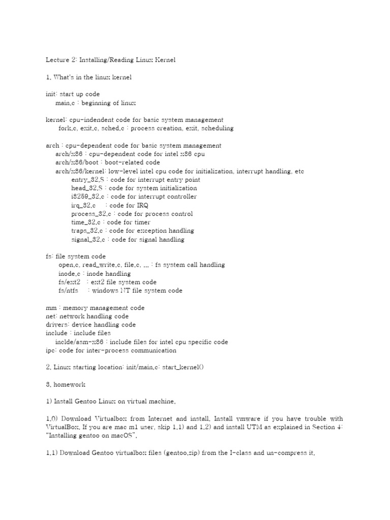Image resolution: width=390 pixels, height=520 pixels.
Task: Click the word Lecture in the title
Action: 57,60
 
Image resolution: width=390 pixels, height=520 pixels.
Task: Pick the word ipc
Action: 50,350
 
